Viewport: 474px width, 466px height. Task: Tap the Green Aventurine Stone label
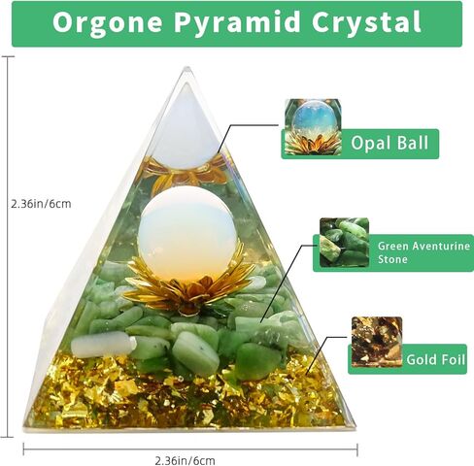[x=423, y=252]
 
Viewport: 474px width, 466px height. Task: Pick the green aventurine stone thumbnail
[x=343, y=243]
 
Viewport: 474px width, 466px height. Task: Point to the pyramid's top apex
[x=185, y=69]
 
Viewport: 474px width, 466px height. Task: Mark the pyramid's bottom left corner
[x=28, y=425]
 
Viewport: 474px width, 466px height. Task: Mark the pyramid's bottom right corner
[x=352, y=425]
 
